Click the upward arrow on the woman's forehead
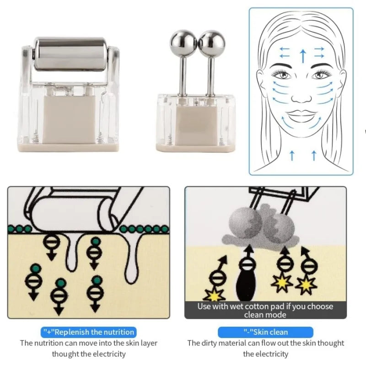pos(303,56)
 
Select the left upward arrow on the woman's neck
pos(292,156)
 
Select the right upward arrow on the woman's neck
pos(314,156)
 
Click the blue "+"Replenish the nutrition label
pos(88,332)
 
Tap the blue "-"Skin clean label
pos(265,332)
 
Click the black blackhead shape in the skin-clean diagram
pos(246,285)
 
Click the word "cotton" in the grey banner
pos(251,306)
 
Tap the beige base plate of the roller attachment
pos(69,147)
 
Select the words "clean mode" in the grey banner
pos(265,315)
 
